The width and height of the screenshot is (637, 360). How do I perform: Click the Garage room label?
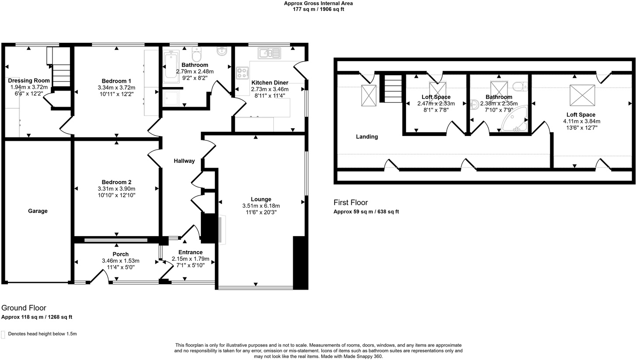pos(38,211)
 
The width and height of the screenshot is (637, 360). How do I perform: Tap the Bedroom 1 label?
pos(116,81)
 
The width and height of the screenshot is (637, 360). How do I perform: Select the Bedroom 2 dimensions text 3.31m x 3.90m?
pos(116,189)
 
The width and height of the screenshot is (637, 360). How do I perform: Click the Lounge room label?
pos(261,199)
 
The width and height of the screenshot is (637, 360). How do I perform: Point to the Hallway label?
pos(184,161)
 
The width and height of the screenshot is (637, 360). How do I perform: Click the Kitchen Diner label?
pos(269,82)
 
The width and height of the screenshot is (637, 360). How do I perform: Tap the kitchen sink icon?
pos(269,53)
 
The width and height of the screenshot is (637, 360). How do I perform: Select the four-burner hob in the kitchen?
pos(242,73)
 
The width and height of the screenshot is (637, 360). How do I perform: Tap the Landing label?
pos(367,136)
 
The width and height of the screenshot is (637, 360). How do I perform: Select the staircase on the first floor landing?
pos(392,89)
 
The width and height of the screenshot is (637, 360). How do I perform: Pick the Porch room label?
pos(121,254)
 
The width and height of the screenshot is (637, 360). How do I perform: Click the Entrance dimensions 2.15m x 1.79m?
pos(190,259)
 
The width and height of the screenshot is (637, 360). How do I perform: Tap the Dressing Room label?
pos(29,80)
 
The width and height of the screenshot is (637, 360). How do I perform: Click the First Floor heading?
pos(350,203)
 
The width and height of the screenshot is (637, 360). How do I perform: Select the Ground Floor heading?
pos(24,308)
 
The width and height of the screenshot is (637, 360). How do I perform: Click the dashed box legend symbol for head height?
pos(4,334)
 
